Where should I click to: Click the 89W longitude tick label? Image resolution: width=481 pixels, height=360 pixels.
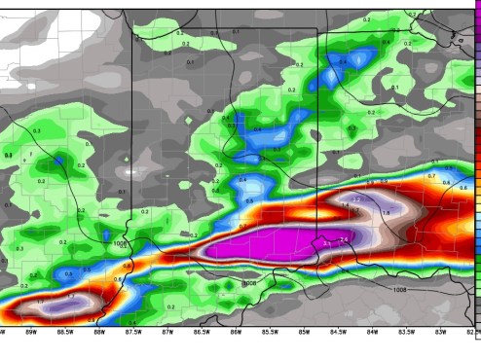coord(30,332)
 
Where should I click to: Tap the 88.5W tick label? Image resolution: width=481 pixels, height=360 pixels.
coord(64,332)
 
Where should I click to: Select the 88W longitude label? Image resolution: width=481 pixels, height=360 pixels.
coord(98,332)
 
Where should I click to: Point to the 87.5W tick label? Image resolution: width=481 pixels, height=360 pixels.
coord(132,332)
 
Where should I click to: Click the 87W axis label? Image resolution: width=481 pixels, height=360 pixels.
coord(167,332)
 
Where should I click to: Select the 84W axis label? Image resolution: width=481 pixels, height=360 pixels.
coord(372,332)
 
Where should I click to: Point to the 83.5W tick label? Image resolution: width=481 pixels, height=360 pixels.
coord(406,332)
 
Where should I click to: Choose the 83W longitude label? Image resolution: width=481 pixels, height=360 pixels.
coord(440,332)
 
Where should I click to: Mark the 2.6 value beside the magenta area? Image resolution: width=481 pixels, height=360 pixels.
coord(342,239)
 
